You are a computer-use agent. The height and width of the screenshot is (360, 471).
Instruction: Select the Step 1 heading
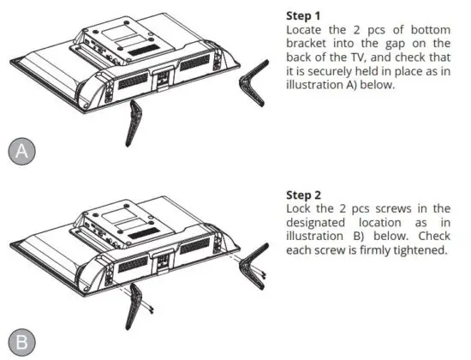point(304,15)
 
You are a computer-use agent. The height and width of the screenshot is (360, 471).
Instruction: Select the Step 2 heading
point(304,195)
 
